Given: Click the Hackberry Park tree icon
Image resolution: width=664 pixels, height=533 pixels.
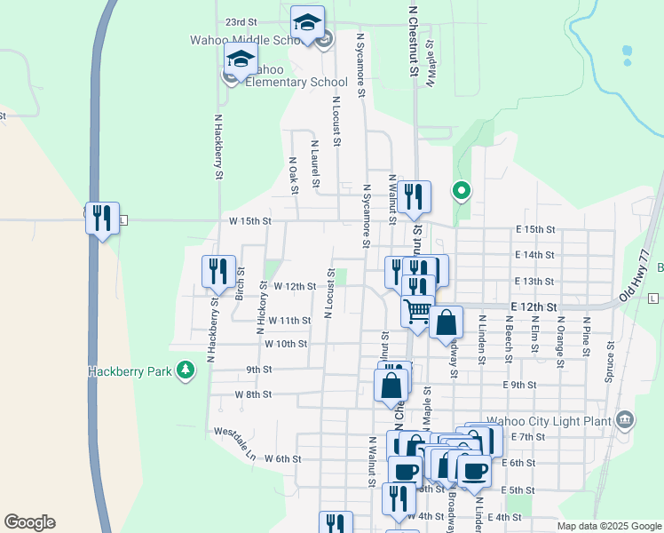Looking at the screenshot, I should click(x=186, y=370).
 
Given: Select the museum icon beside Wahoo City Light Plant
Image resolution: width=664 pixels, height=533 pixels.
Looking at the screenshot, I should click(x=624, y=419).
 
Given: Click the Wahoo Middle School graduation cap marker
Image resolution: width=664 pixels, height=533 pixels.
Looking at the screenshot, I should click(x=307, y=23).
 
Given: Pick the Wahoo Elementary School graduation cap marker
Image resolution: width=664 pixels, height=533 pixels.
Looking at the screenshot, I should click(x=241, y=60).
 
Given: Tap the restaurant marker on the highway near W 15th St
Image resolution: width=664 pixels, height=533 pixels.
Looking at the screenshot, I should click(x=102, y=217).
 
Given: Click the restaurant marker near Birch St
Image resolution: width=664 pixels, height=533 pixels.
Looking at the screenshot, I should click(x=218, y=271).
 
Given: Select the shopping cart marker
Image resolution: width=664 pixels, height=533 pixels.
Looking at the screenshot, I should click(x=418, y=312).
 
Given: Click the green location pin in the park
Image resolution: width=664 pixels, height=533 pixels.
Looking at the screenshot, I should click(x=461, y=190).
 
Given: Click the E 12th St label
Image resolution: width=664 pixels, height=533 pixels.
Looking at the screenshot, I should click(x=534, y=307).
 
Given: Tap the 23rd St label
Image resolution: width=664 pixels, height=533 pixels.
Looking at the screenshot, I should click(x=241, y=21).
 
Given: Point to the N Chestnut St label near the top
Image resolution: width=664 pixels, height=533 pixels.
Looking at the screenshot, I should click(x=413, y=40).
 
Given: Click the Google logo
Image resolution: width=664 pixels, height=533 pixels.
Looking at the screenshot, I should click(x=29, y=522).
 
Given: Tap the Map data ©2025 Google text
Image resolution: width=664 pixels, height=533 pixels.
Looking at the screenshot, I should click(x=608, y=526).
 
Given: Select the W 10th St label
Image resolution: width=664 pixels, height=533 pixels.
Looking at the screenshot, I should click(x=285, y=344).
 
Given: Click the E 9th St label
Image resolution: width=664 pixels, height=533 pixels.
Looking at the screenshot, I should click(x=519, y=385).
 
